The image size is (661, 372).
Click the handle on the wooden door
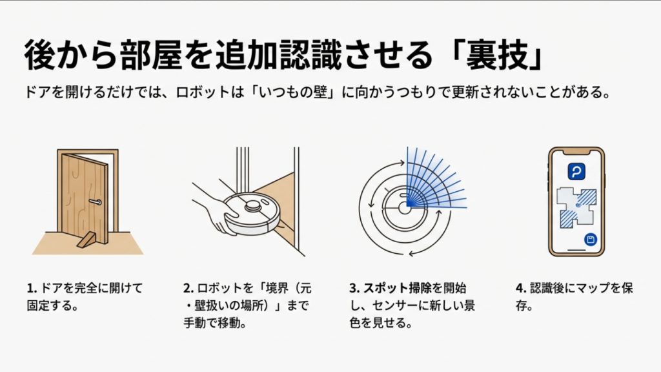[x=96, y=202]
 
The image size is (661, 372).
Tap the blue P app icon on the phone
[x=576, y=171]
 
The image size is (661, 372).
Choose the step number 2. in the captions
[x=188, y=288]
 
